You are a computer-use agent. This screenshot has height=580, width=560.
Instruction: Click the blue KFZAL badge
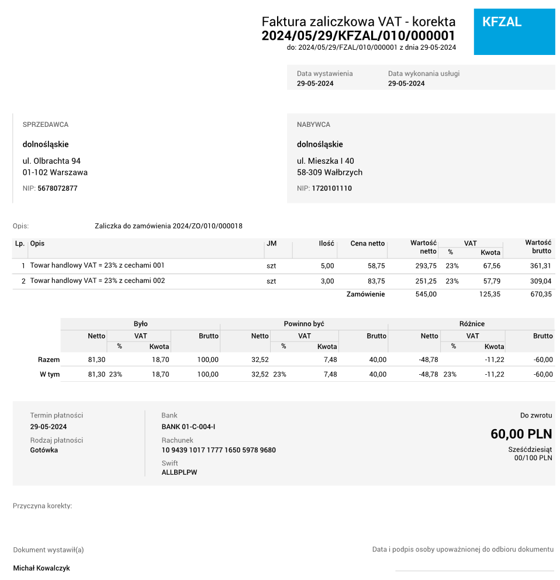514,32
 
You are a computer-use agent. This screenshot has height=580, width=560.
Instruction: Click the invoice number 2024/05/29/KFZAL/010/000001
358,36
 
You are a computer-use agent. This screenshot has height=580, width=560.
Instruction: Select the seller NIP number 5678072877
57,188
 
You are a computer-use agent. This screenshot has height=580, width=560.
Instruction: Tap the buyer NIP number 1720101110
331,188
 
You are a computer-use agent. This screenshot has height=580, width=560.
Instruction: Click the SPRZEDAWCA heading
46,125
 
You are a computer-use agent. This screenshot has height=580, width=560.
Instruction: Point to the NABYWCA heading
313,125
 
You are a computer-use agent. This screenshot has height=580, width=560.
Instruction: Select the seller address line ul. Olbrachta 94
51,161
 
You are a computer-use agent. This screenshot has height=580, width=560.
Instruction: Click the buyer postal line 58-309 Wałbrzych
330,172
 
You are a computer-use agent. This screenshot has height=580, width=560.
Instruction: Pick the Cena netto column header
367,243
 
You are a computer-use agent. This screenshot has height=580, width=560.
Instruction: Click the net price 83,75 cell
376,281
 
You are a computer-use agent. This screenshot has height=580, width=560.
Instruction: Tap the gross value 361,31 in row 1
540,265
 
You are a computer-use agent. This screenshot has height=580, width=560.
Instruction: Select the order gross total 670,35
540,294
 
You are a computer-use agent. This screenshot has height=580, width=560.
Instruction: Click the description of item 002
98,281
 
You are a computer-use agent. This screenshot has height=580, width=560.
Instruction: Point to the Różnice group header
472,323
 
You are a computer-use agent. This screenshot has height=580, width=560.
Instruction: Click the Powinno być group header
304,323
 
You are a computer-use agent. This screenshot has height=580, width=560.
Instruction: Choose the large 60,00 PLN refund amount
521,434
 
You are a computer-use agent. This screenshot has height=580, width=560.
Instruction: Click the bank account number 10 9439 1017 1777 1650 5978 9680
219,450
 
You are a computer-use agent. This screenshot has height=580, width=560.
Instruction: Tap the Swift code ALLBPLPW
179,472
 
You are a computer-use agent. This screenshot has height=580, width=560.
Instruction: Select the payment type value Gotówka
44,450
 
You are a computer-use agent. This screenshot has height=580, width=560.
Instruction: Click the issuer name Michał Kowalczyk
42,568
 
